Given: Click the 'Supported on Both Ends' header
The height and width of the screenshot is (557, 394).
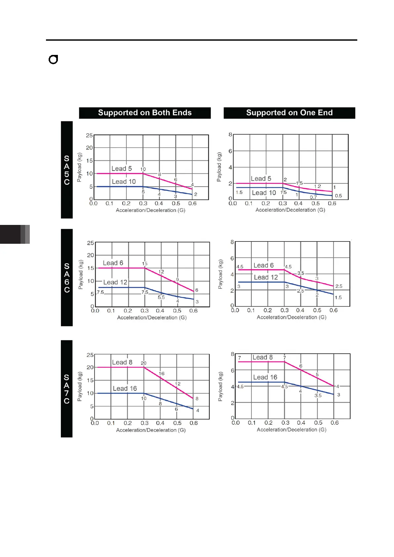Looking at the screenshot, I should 145,113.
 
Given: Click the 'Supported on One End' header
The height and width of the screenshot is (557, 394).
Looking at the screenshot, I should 289,113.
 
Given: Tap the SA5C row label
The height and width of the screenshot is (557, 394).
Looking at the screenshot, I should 67,170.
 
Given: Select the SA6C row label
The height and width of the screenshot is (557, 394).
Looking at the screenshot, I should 67,278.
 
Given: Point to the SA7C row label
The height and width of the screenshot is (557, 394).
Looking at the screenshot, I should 67,389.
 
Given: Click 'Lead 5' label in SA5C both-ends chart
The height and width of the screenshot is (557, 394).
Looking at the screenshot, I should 121,169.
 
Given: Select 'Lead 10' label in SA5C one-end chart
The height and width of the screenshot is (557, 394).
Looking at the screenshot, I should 264,193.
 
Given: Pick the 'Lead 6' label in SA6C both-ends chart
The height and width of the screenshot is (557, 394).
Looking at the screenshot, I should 113,263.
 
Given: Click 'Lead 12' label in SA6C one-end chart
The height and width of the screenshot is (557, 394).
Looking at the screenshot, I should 266,278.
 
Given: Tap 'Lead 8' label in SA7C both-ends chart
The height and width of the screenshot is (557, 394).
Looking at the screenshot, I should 122,363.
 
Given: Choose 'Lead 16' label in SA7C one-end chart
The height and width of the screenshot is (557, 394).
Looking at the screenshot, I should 265,377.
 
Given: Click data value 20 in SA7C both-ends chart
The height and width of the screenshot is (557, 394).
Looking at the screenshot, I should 144,363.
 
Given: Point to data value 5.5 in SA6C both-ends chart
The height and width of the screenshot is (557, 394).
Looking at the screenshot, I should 161,297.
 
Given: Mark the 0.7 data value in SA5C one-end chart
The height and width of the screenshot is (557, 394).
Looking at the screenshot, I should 313,197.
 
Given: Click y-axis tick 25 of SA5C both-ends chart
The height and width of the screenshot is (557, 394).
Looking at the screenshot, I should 89,135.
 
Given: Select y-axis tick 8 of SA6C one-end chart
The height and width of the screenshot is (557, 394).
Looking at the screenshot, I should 232,242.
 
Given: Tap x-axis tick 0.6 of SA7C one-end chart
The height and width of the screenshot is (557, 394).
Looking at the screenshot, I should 334,423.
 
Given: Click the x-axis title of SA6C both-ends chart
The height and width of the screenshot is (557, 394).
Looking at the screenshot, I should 152,318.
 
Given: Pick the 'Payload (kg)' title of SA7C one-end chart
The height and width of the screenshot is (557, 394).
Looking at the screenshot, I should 220,386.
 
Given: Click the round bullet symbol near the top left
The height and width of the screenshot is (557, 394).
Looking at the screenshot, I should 53,60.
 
